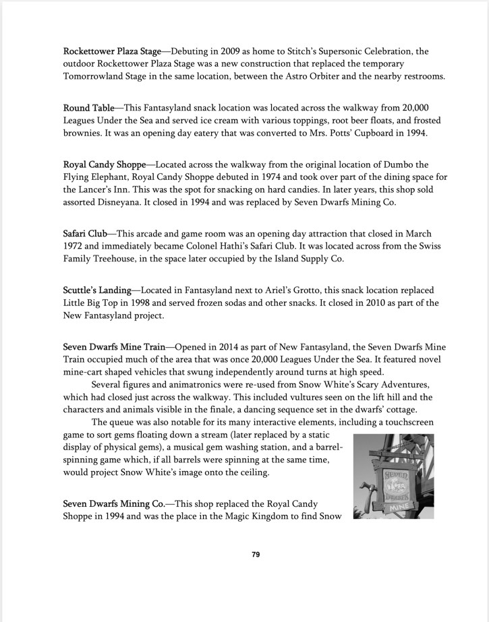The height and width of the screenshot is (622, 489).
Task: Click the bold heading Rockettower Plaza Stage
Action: (x=112, y=51)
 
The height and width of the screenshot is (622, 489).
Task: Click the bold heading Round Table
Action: (x=88, y=108)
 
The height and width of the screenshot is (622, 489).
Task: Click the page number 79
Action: (x=256, y=555)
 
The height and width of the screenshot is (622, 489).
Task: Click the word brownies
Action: (x=86, y=133)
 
